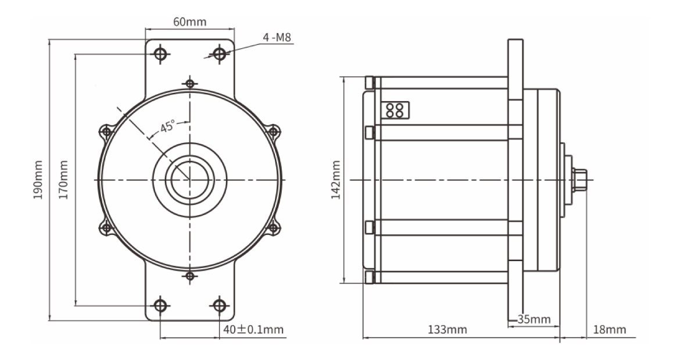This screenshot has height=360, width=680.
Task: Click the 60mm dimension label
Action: [x=190, y=22]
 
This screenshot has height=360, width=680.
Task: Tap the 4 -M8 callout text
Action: [x=277, y=38]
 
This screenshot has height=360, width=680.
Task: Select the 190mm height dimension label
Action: [x=38, y=180]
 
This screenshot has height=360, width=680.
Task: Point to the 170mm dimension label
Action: [x=63, y=180]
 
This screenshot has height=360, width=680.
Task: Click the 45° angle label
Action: [x=167, y=127]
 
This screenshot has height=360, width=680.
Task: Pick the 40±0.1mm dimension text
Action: [x=254, y=330]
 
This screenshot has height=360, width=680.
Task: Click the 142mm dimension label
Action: [x=336, y=180]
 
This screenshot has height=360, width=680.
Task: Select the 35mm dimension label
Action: [x=534, y=320]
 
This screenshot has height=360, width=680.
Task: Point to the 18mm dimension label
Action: [x=610, y=330]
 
